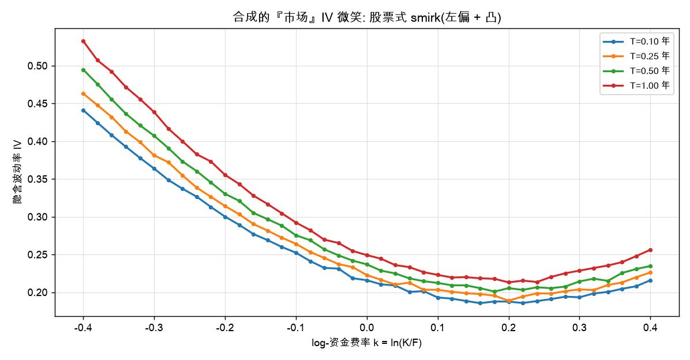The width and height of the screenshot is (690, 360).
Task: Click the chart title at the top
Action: pyautogui.click(x=366, y=17)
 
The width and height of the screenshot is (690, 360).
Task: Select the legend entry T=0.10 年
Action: pyautogui.click(x=636, y=42)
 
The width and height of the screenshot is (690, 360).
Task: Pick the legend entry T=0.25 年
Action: pyautogui.click(x=636, y=56)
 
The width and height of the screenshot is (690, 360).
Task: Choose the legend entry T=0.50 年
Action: pyautogui.click(x=636, y=71)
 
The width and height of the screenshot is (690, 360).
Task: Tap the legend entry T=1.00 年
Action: pyautogui.click(x=636, y=85)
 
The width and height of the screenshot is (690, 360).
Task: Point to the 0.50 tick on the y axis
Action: pyautogui.click(x=37, y=66)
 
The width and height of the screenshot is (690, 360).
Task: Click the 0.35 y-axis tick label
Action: pyautogui.click(x=37, y=179)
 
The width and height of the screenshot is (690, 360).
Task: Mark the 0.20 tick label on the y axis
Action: pyautogui.click(x=37, y=292)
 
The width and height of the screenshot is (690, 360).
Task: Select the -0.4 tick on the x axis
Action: pyautogui.click(x=82, y=328)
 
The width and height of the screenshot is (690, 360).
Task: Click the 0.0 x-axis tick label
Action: pyautogui.click(x=366, y=328)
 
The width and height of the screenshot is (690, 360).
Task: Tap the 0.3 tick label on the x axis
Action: pyautogui.click(x=580, y=328)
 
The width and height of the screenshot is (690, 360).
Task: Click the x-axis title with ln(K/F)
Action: pyautogui.click(x=366, y=343)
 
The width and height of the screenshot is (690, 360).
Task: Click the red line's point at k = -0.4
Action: pyautogui.click(x=83, y=42)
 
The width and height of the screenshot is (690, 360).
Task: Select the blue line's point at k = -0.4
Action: pyautogui.click(x=83, y=110)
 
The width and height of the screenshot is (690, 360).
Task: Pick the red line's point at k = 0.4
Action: pyautogui.click(x=650, y=250)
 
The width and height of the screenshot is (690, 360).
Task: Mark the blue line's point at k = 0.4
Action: pyautogui.click(x=650, y=280)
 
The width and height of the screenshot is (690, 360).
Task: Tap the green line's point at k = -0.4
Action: pyautogui.click(x=83, y=70)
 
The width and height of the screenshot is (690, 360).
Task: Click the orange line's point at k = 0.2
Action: pyautogui.click(x=509, y=301)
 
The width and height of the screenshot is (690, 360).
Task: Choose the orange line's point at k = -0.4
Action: pyautogui.click(x=83, y=93)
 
